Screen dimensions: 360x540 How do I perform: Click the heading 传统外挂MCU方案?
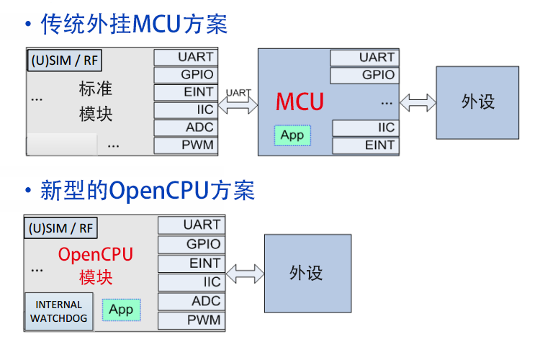[x=134, y=24]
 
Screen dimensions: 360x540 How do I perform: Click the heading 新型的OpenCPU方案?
[x=148, y=191]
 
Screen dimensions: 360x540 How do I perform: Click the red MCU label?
[x=300, y=102]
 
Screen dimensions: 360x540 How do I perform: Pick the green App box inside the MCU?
[x=292, y=135]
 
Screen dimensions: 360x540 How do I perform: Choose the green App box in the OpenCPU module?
[x=121, y=310]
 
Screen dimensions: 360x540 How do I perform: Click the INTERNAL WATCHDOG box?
[x=59, y=311]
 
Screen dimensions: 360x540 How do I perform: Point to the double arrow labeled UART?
[x=238, y=105]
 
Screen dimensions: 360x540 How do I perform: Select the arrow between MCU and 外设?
[x=418, y=102]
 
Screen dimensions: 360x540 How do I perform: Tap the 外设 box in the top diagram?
[x=478, y=102]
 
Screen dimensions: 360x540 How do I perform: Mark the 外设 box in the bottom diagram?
[x=307, y=273]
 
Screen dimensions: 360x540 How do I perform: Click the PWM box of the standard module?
[x=185, y=145]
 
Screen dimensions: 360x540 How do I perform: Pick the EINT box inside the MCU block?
[x=364, y=145]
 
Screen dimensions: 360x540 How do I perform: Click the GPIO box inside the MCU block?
[x=364, y=75]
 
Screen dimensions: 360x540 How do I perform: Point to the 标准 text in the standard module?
[x=96, y=89]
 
